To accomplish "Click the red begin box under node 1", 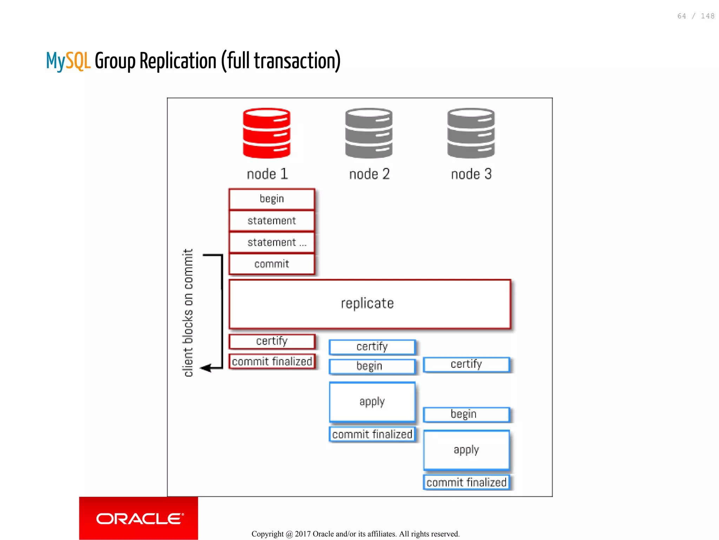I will (271, 199).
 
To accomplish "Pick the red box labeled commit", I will (271, 264).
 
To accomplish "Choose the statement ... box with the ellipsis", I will (271, 242).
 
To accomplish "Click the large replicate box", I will (370, 304).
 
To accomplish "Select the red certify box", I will (271, 341).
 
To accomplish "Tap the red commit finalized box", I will (271, 361).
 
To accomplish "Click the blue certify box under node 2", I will (372, 347).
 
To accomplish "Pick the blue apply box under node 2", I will (372, 402).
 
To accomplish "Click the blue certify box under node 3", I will (466, 364).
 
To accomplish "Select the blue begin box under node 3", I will (466, 414).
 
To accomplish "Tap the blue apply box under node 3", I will (466, 450).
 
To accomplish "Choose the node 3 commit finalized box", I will (466, 482).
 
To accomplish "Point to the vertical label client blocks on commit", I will (188, 313).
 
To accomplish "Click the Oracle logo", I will (139, 519).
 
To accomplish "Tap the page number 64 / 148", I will (695, 16).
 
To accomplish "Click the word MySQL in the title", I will (68, 61).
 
